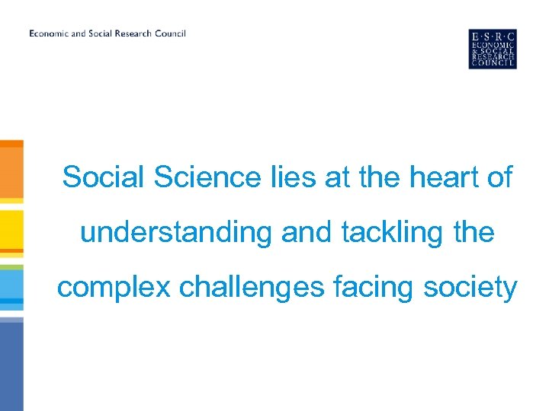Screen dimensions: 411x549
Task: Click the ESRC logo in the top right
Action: click(x=493, y=49)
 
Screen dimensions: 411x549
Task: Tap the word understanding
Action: click(x=175, y=232)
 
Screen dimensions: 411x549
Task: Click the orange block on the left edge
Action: click(x=11, y=171)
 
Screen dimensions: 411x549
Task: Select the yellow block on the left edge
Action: click(x=11, y=228)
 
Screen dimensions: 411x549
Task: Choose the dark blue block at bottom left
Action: click(x=11, y=365)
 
